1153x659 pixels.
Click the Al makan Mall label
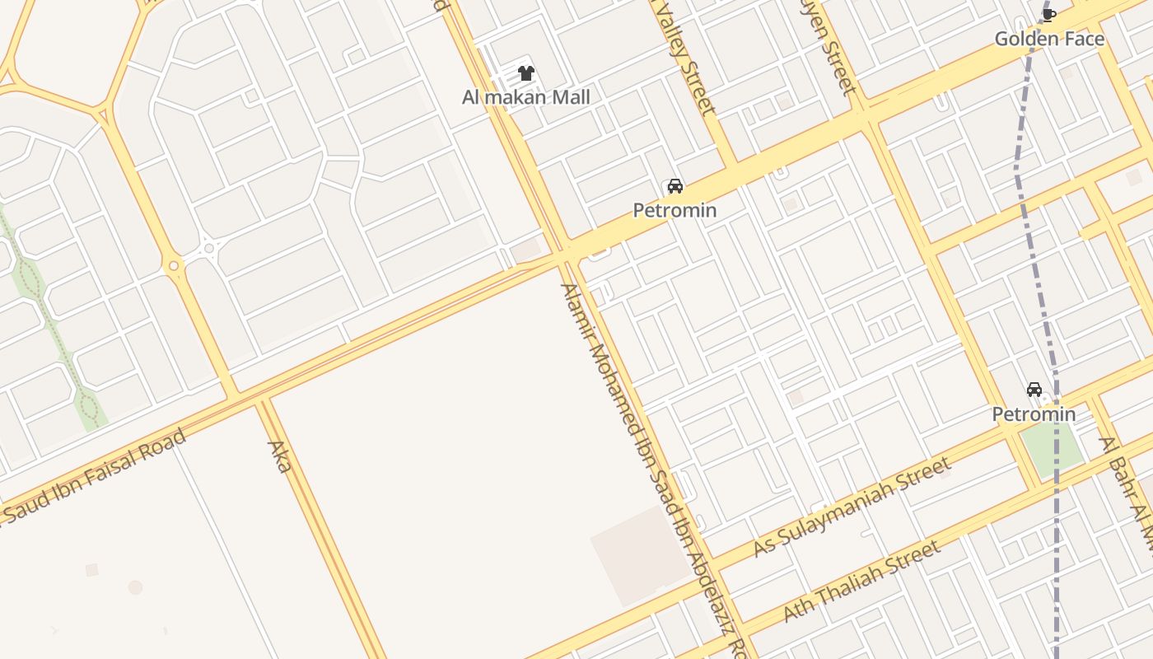point(525,97)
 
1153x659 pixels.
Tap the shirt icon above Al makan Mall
point(526,73)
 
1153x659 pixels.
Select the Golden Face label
point(1049,38)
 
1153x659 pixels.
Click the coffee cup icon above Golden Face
point(1048,14)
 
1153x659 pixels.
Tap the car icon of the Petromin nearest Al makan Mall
point(675,186)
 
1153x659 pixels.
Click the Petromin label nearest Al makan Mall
point(675,210)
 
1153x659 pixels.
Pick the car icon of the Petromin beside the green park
point(1034,390)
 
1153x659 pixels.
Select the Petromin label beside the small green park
point(1034,414)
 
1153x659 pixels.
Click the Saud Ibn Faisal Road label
point(95,476)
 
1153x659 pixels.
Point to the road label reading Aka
point(280,457)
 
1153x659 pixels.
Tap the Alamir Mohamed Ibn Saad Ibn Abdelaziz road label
point(651,470)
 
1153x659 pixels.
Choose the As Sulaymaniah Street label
point(852,508)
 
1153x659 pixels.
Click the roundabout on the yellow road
point(173,266)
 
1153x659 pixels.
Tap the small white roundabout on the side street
point(209,248)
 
